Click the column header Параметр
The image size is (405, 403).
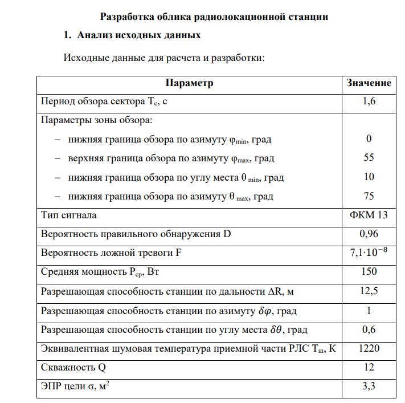(x=189, y=83)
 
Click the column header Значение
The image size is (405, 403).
(x=369, y=83)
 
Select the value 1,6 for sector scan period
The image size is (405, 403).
(x=369, y=102)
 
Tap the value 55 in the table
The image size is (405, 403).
(x=369, y=158)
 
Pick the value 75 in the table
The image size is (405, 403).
(x=369, y=197)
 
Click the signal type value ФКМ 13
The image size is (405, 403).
(x=369, y=215)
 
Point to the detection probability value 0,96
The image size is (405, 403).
(x=369, y=234)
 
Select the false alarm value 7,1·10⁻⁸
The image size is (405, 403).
(x=369, y=253)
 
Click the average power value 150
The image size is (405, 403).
(x=369, y=272)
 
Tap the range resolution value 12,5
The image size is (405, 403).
(x=369, y=291)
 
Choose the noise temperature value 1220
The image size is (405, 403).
(x=369, y=348)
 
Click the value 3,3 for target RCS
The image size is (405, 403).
(x=369, y=387)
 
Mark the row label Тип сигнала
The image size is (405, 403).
(x=69, y=215)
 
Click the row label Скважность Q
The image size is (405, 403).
(x=73, y=368)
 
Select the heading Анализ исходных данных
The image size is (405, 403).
(x=139, y=35)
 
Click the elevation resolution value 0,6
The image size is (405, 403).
(x=369, y=329)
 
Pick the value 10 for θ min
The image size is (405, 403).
(x=369, y=177)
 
